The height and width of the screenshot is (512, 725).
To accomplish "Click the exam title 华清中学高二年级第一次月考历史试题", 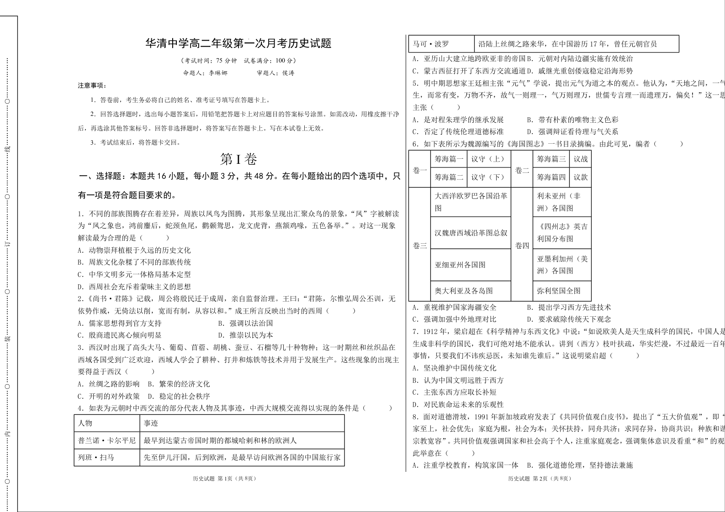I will pyautogui.click(x=238, y=43).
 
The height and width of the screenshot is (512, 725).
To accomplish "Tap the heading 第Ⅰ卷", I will pyautogui.click(x=238, y=159).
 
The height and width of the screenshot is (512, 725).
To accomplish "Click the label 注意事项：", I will pyautogui.click(x=92, y=85).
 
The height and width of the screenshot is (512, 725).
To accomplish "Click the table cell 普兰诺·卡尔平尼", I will pyautogui.click(x=107, y=440).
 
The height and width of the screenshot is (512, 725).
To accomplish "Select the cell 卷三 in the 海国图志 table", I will pyautogui.click(x=419, y=246).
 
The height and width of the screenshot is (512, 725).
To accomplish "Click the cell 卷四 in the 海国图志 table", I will pyautogui.click(x=522, y=246).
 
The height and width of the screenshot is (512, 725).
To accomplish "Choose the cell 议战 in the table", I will pyautogui.click(x=580, y=159).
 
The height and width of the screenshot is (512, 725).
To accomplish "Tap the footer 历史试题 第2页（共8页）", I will pyautogui.click(x=539, y=478).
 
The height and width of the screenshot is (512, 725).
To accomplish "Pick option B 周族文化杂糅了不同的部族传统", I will pyautogui.click(x=134, y=262).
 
